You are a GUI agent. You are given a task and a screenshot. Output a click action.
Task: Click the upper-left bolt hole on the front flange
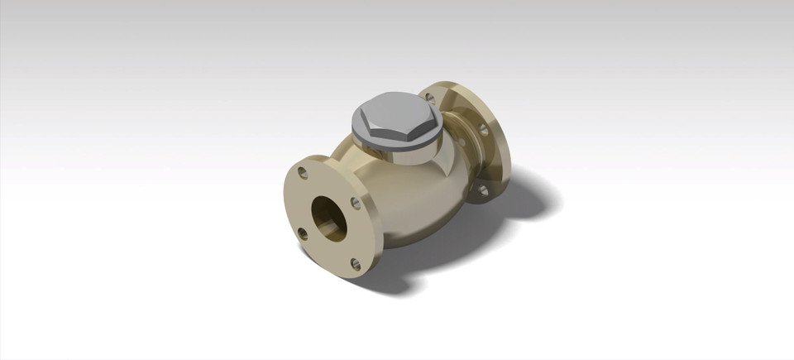point(303,174)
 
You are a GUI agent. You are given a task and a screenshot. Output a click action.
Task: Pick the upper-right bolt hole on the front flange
point(356,203)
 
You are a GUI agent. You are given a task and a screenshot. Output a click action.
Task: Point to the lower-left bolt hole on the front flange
point(303,234)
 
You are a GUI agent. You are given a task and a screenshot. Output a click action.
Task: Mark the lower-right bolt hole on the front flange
point(356,265)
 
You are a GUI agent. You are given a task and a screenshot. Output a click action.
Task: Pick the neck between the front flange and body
point(364,178)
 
